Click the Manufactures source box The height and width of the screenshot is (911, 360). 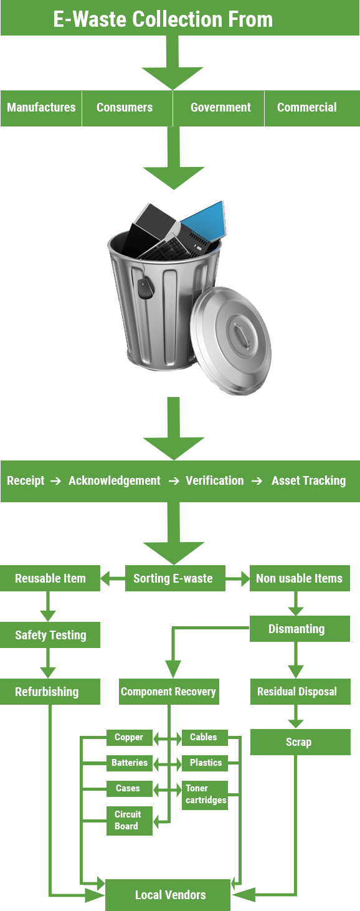coord(41,108)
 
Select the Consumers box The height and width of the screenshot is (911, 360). coord(127,108)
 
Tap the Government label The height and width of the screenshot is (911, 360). coord(220,107)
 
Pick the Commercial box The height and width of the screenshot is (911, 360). coord(312,108)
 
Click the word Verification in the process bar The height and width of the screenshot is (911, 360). coord(214,480)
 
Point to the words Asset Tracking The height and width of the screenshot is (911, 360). coord(309,480)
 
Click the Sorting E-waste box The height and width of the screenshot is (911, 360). coord(175,578)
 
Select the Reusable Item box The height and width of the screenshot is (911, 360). coord(50,578)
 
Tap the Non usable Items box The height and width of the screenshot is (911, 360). coord(300,578)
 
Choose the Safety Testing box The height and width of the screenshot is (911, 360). coord(50,635)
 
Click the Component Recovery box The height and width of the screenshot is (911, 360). coord(169,692)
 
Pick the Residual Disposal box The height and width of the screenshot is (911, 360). coord(300,692)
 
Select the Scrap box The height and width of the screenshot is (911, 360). coord(300,742)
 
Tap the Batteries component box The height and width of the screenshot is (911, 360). coord(129,763)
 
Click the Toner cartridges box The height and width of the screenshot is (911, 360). coord(205,794)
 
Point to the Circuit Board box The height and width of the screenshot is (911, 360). coord(129,820)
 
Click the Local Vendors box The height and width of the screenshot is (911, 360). coord(168,894)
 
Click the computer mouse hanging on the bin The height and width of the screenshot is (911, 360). coord(146,288)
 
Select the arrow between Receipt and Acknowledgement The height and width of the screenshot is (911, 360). coord(55,481)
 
